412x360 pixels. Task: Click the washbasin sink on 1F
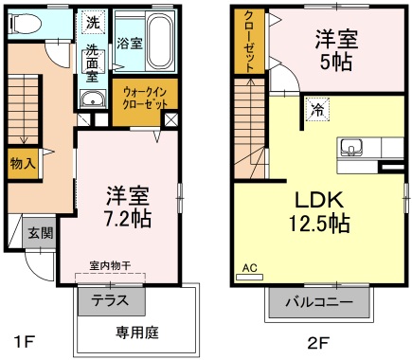[x=91, y=102]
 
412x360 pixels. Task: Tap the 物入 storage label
[x=22, y=163]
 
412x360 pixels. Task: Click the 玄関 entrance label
[x=39, y=233]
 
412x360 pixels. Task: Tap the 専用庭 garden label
[x=135, y=333]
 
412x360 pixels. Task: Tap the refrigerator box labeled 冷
[x=317, y=110]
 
